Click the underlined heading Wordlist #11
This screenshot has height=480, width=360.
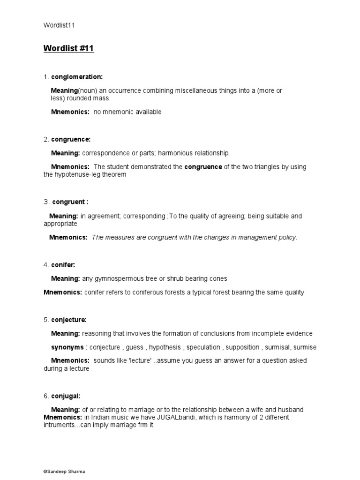coord(69,49)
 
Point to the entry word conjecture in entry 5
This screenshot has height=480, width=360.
coord(69,320)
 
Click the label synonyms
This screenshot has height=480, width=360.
coord(67,347)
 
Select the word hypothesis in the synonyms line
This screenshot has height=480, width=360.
coord(165,347)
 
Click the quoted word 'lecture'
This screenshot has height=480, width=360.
coord(137,360)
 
